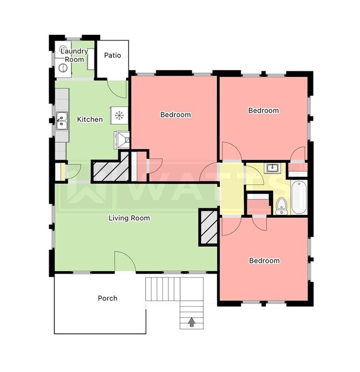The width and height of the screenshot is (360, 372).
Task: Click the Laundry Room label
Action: click(71, 55)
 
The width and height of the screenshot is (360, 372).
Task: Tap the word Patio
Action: click(112, 55)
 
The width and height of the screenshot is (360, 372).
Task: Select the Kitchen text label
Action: click(90, 119)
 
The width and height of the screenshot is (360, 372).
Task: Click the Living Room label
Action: click(129, 218)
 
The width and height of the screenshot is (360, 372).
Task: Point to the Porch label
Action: click(107, 298)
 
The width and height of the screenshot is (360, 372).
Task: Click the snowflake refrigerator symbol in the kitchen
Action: click(119, 115)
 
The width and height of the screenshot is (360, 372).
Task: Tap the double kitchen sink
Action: click(61, 120)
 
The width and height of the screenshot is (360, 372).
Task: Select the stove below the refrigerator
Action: click(121, 139)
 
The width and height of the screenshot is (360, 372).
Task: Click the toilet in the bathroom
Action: click(281, 205)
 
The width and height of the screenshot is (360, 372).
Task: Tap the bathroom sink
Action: click(272, 168)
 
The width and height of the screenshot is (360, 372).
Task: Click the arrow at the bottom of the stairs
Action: click(192, 321)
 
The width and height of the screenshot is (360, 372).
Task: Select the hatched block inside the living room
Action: click(209, 227)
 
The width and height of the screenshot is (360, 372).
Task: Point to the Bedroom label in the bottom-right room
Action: click(264, 261)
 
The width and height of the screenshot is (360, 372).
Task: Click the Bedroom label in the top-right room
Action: click(264, 111)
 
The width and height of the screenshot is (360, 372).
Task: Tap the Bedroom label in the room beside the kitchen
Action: click(176, 115)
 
